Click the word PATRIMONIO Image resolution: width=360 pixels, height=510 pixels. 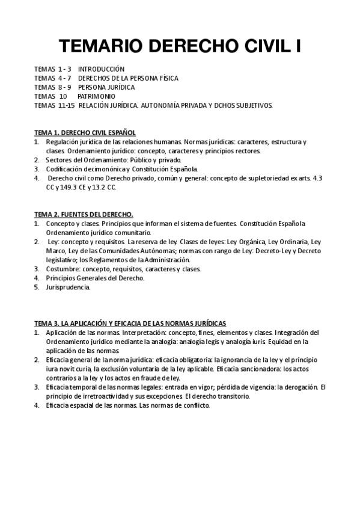96,96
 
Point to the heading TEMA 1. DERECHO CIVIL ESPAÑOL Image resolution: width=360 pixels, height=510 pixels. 85,132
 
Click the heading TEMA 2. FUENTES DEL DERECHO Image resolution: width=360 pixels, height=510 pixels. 84,215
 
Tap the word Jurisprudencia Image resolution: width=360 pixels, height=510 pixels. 67,287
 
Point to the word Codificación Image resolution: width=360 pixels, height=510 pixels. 65,169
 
